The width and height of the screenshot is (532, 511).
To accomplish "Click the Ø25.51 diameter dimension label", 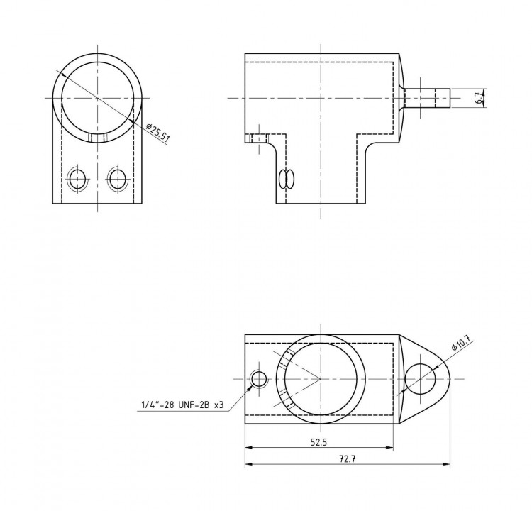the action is click(157, 133).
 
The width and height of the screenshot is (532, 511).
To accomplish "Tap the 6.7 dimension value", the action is click(478, 98).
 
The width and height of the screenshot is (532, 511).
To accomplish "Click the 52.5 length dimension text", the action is click(318, 442).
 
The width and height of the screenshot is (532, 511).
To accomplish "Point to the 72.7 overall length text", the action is click(347, 458).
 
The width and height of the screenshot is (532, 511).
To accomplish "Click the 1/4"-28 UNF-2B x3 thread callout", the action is click(182, 405).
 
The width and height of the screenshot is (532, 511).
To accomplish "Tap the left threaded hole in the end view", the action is click(77, 178).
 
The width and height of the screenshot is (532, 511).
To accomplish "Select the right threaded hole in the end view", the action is click(117, 178).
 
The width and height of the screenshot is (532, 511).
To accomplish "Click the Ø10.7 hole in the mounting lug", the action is click(421, 379).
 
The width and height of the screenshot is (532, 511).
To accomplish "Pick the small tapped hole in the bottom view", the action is click(259, 379).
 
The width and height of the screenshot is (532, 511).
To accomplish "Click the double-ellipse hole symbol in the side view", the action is click(287, 179).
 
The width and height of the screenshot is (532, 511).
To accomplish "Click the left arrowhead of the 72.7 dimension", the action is click(249, 464).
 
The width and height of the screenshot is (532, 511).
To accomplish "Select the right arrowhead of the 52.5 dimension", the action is click(389, 448).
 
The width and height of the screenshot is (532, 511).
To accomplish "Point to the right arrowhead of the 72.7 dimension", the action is click(446, 464).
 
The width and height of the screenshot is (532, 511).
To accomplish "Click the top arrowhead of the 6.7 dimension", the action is click(484, 91).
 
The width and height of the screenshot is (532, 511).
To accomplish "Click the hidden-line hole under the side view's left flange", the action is click(259, 138).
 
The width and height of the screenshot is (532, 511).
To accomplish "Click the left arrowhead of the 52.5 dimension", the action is click(249, 448).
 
